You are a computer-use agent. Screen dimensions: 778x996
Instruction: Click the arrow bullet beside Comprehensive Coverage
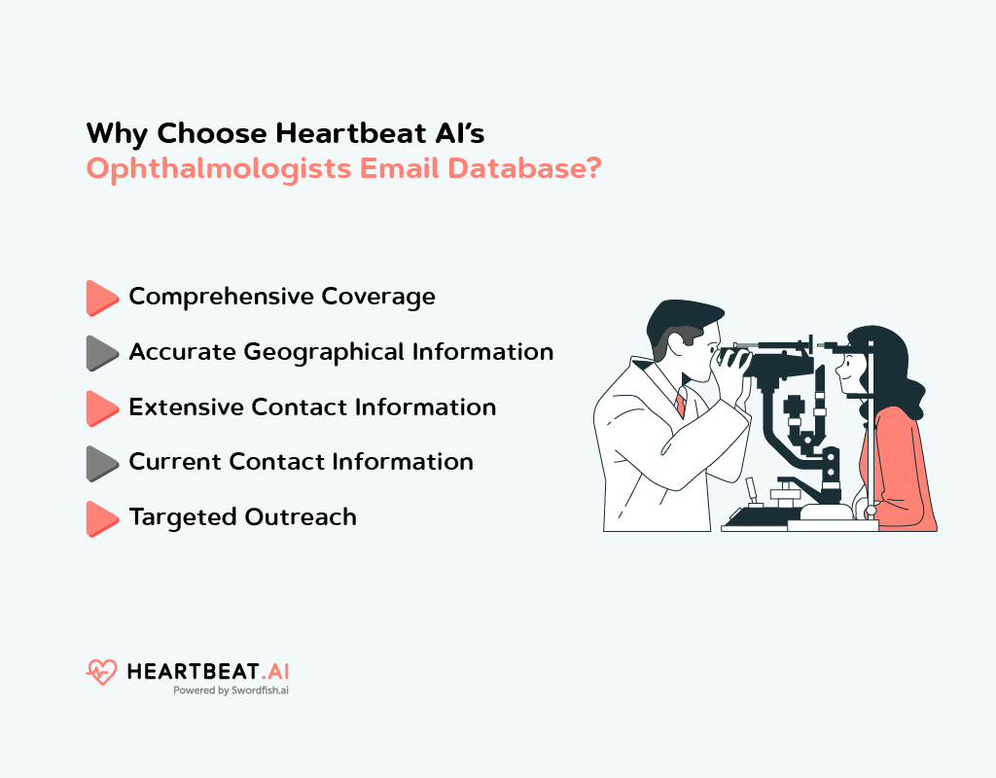coord(100,298)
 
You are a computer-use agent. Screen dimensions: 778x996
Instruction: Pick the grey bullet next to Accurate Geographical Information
coord(100,353)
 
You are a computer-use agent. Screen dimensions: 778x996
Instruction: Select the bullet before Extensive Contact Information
coord(100,408)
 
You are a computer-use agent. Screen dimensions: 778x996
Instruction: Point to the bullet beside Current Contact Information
coord(100,463)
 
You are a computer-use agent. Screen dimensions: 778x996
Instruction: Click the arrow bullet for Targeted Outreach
coord(100,518)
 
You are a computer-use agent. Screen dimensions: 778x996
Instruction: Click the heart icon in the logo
coord(101,672)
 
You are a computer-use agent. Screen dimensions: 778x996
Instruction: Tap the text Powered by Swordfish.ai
coord(231,690)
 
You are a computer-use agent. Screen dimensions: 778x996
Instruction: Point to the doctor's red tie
coord(680,405)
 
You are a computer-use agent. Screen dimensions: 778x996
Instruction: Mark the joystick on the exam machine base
coord(750,492)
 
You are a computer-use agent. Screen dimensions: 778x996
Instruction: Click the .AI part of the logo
coord(275,671)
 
